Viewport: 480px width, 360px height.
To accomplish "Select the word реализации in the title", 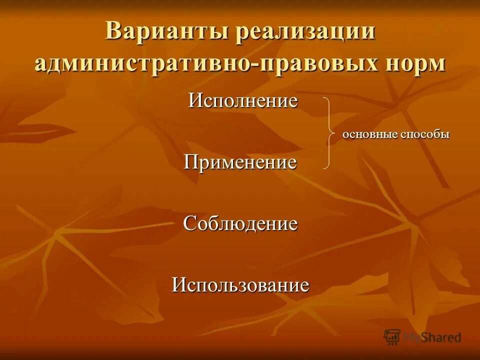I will coord(305,32).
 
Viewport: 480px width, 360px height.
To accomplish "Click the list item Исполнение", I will coord(243,101).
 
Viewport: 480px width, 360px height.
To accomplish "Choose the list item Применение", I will coord(240,162).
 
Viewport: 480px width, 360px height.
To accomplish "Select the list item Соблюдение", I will coord(240,223).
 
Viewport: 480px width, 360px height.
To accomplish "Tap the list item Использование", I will coord(240,285).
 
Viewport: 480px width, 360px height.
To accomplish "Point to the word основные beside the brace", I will coord(370,134).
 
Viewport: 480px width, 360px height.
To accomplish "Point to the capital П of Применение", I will coord(191,162).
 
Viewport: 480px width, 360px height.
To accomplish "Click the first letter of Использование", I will coord(179,285).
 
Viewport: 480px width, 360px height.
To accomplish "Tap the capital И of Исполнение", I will coord(194,101).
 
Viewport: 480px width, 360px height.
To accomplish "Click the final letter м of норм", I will coord(436,65).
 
